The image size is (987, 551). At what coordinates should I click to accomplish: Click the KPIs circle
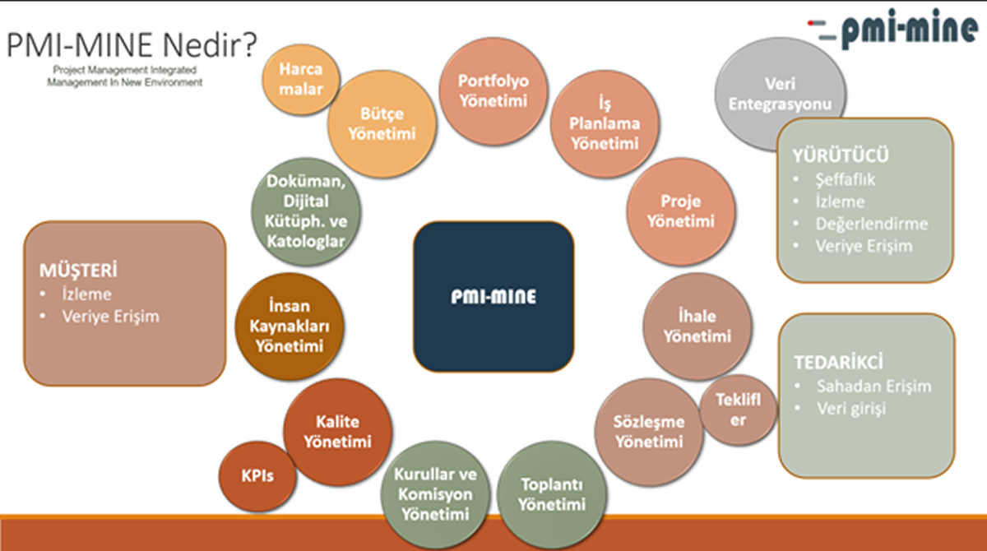(x=257, y=476)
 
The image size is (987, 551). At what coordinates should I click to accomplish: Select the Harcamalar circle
(x=301, y=79)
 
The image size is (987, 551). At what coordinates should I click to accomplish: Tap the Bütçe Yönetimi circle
(x=382, y=123)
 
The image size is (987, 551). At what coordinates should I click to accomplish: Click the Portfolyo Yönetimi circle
(x=493, y=90)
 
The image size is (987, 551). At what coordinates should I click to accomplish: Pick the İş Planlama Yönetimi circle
(x=605, y=123)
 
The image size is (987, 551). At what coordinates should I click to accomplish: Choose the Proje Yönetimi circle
(x=681, y=211)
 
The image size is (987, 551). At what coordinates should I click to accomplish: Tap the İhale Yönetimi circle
(x=697, y=326)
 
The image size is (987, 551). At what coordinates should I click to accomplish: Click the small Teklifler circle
(x=739, y=410)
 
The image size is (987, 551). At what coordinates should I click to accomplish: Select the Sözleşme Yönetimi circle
(x=649, y=432)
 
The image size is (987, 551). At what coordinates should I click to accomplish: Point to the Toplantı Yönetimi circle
(x=552, y=494)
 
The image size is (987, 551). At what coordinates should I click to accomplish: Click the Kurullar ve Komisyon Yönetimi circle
(x=435, y=494)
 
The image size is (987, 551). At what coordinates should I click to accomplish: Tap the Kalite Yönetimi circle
(x=338, y=432)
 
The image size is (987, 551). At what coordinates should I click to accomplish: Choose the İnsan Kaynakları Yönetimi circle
(x=290, y=326)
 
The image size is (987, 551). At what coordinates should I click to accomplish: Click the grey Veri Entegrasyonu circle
(x=781, y=94)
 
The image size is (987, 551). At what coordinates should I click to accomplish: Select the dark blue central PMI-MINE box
(x=493, y=297)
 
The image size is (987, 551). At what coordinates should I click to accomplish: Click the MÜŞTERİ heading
(x=78, y=271)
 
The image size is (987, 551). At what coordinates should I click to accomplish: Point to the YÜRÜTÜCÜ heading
(x=841, y=156)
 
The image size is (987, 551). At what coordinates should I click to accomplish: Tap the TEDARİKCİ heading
(x=838, y=363)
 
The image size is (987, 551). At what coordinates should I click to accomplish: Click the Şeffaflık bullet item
(x=846, y=180)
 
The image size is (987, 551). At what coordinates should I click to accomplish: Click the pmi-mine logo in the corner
(x=893, y=27)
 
